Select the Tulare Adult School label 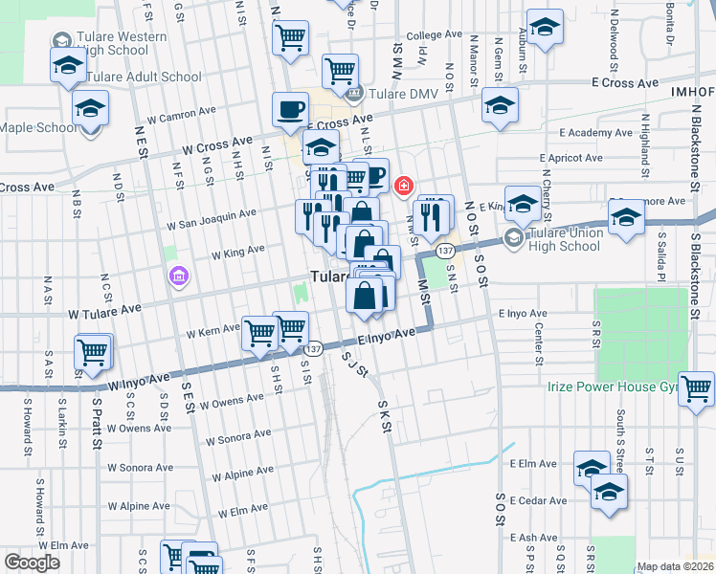coord(144,77)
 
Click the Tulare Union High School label coord(566,239)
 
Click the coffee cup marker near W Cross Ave coord(290,110)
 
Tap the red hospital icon coord(404,184)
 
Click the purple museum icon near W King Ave coord(176,278)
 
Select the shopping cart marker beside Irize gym coord(696,388)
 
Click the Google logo coord(33,563)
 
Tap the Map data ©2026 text coord(675,566)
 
